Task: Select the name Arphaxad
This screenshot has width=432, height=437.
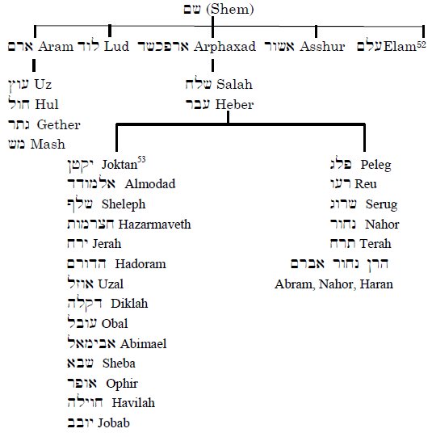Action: pyautogui.click(x=224, y=46)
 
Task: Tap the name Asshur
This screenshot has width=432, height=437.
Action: pyautogui.click(x=322, y=46)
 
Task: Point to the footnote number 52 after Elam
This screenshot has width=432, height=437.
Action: pyautogui.click(x=422, y=45)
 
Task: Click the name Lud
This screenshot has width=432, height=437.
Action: pyautogui.click(x=116, y=46)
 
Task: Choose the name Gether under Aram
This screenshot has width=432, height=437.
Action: pyautogui.click(x=59, y=125)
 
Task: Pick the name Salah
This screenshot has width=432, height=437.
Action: pyautogui.click(x=234, y=84)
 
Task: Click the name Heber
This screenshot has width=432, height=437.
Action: pyautogui.click(x=234, y=104)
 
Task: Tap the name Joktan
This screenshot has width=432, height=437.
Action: pyautogui.click(x=120, y=165)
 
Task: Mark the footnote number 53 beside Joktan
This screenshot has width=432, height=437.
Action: pyautogui.click(x=141, y=159)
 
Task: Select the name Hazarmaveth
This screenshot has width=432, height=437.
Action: pyautogui.click(x=154, y=224)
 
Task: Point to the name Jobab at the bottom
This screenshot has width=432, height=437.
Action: pyautogui.click(x=114, y=423)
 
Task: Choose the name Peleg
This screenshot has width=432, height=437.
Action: pyautogui.click(x=375, y=165)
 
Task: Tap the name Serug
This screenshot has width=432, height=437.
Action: pyautogui.click(x=381, y=204)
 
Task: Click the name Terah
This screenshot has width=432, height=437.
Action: pyautogui.click(x=375, y=244)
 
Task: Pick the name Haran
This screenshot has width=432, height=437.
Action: pyautogui.click(x=376, y=284)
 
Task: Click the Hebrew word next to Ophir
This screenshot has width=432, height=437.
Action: pyautogui.click(x=82, y=383)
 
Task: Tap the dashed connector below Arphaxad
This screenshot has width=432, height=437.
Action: pyautogui.click(x=213, y=65)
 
